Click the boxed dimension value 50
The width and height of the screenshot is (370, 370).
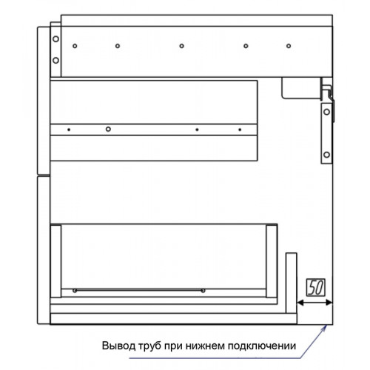click(x=316, y=287)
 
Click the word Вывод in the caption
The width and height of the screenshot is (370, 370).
click(x=118, y=346)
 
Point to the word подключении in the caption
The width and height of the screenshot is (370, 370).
click(x=262, y=346)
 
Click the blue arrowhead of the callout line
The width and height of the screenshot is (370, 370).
click(x=325, y=328)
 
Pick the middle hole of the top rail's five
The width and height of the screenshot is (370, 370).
click(x=182, y=46)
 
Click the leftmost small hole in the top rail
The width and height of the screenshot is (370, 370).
click(x=75, y=46)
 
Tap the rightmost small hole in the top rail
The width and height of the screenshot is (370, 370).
click(x=289, y=46)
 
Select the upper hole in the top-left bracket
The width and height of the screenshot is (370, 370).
click(x=56, y=39)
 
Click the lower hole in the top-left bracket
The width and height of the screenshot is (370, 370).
click(x=56, y=61)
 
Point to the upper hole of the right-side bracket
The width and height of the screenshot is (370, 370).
click(x=327, y=112)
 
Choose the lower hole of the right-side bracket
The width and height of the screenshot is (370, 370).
click(x=327, y=155)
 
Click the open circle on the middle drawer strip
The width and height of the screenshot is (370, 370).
click(x=108, y=129)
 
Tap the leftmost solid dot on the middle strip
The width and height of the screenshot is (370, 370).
click(x=69, y=129)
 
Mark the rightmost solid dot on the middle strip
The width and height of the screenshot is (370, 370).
click(x=240, y=129)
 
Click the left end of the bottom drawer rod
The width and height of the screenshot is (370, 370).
click(x=75, y=291)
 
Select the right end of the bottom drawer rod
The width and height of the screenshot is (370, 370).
click(x=203, y=291)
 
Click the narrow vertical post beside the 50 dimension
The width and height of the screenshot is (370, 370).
click(x=292, y=283)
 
